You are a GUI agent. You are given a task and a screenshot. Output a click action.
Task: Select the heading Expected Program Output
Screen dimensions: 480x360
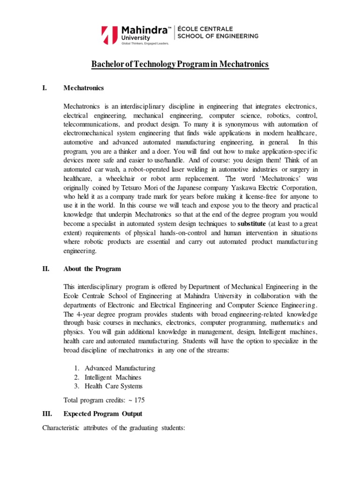click(103, 414)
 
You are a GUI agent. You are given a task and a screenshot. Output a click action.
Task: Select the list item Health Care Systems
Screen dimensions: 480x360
click(113, 386)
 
